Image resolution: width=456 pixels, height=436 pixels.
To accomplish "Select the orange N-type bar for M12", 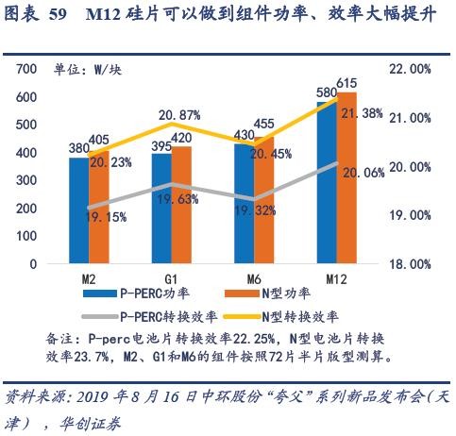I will [x=346, y=179].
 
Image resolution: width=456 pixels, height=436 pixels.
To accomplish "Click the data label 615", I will [x=346, y=84].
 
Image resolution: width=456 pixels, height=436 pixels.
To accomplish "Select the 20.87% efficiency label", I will [x=178, y=115].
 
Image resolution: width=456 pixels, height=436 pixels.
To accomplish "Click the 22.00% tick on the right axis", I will [x=413, y=70].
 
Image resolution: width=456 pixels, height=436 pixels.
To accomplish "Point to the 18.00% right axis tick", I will [x=413, y=265].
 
